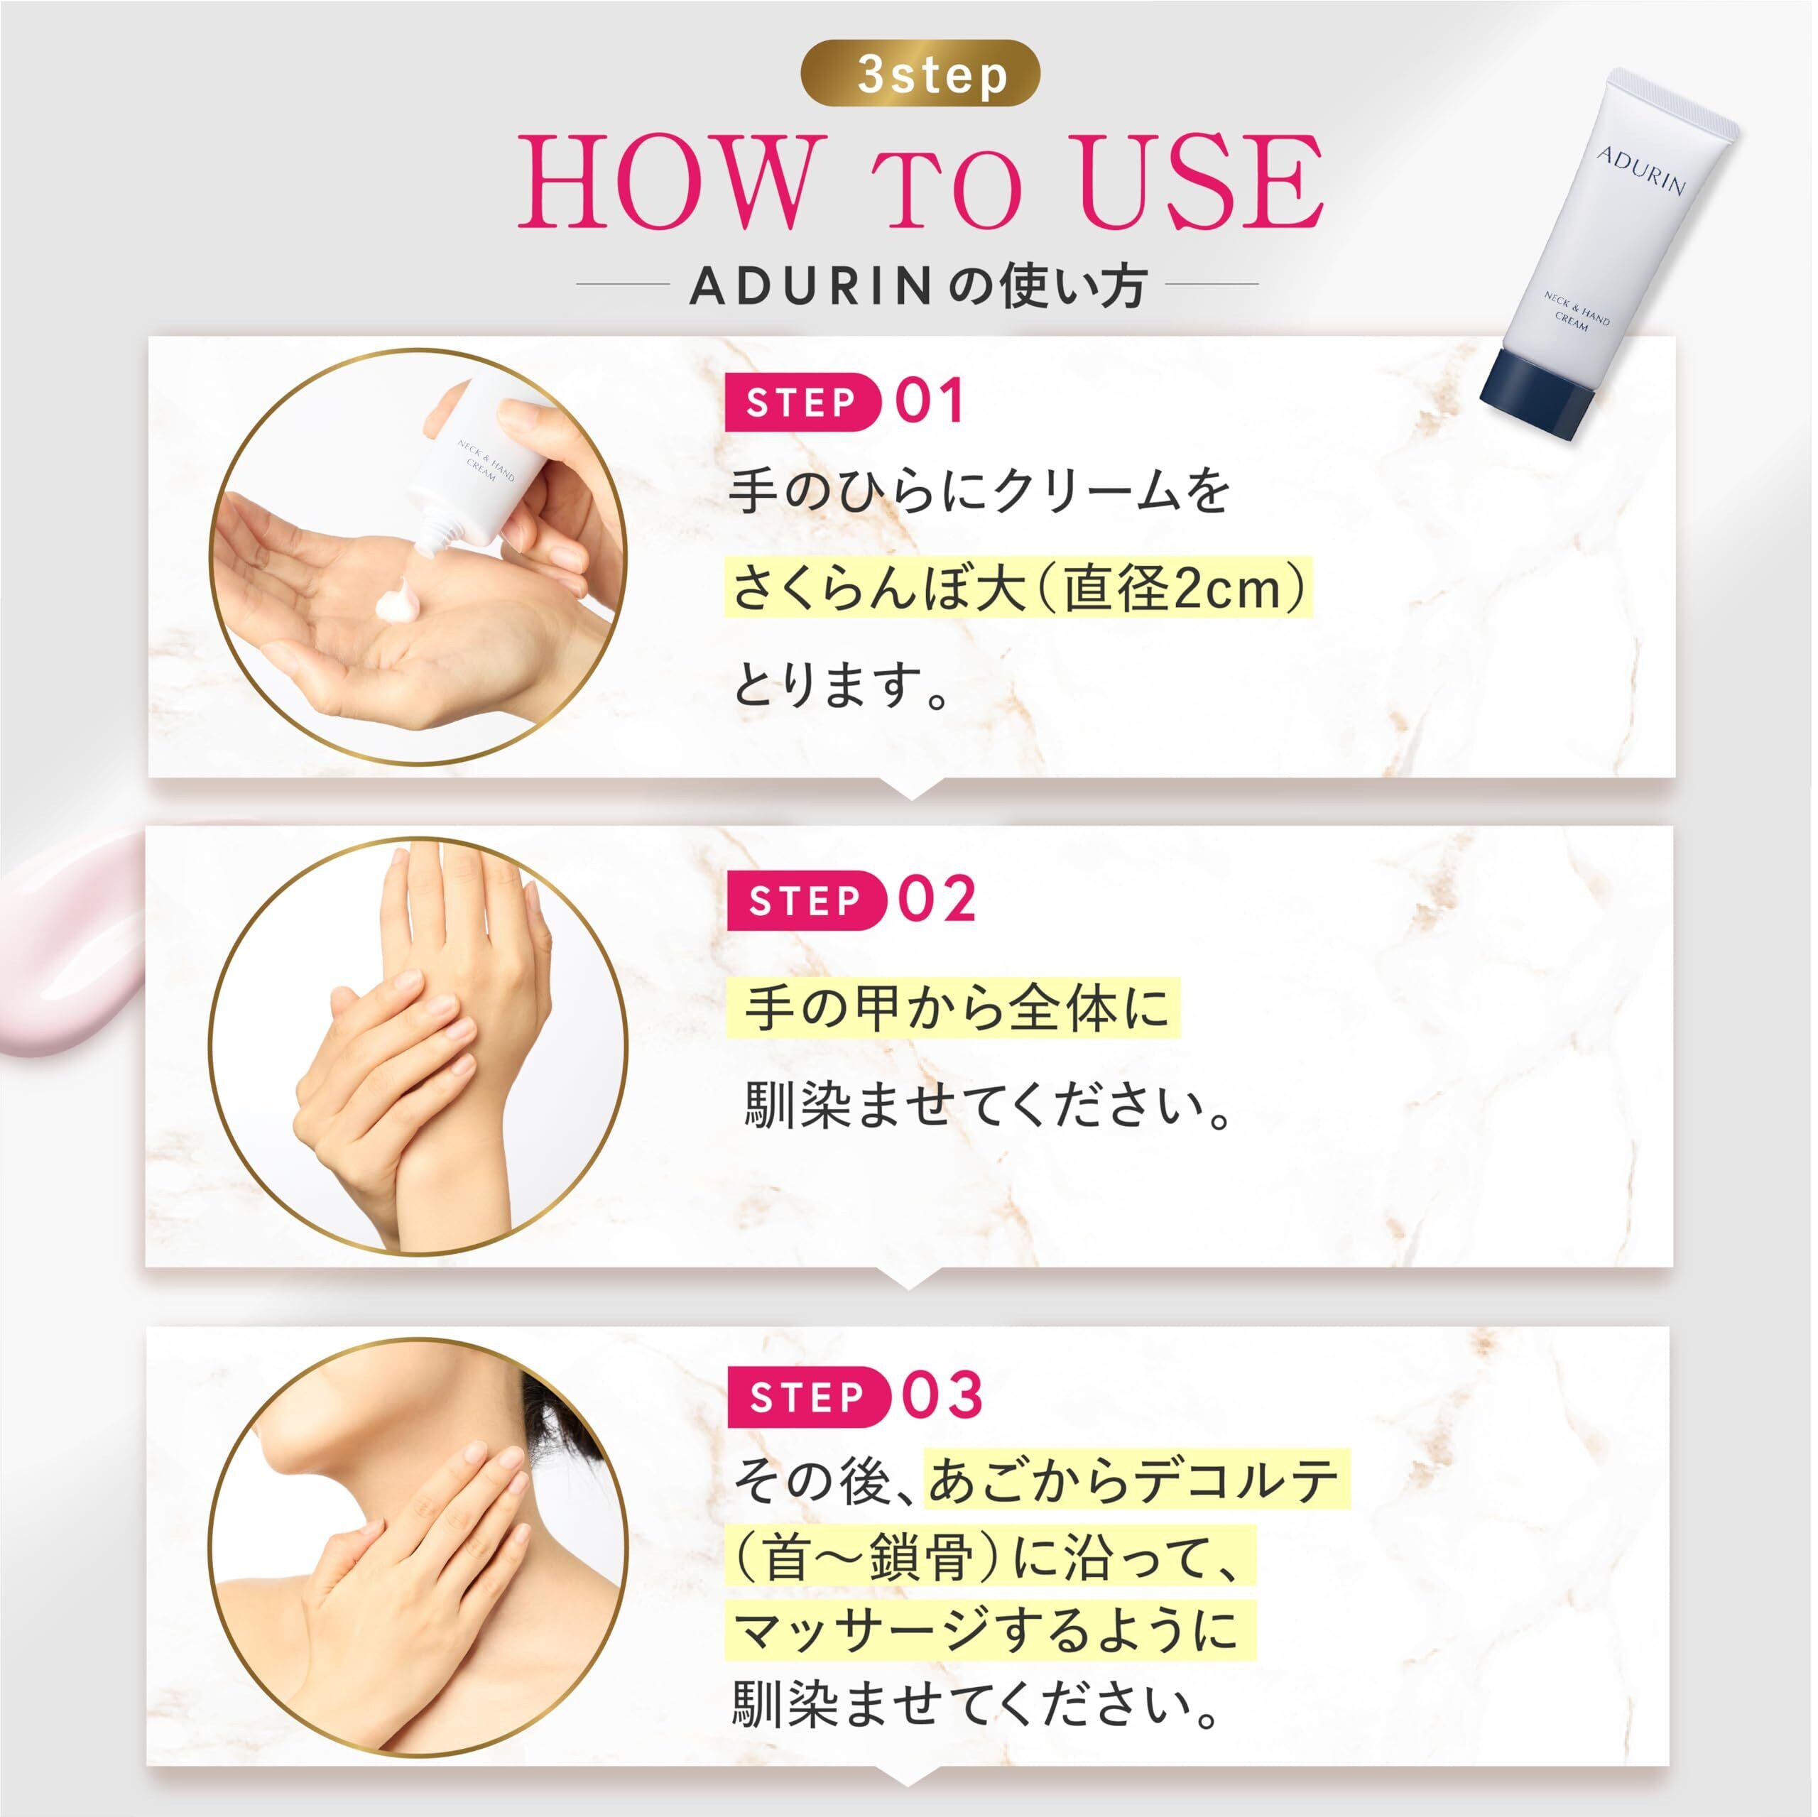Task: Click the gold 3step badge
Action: [x=920, y=73]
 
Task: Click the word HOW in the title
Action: [x=665, y=183]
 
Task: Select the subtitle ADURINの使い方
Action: [x=918, y=286]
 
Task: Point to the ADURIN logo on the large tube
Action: [x=1640, y=170]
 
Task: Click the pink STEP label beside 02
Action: [x=805, y=900]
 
